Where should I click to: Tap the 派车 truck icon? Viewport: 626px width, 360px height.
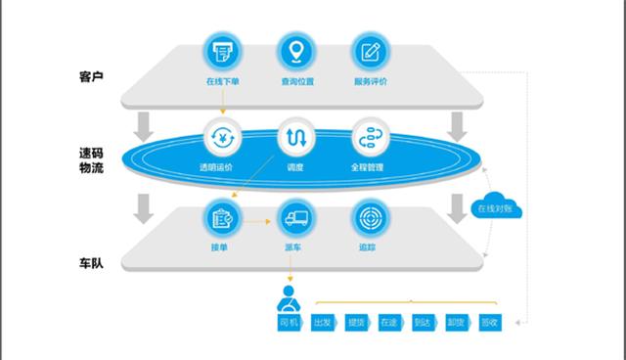(x=294, y=218)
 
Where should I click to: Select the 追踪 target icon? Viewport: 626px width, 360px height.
(x=368, y=218)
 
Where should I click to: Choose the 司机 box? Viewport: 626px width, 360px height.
(x=290, y=322)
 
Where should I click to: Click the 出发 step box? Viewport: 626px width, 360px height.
(x=323, y=322)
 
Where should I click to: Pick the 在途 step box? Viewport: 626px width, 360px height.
(x=389, y=322)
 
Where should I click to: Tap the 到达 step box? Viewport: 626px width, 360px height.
(x=423, y=322)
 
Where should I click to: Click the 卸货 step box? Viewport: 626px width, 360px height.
(x=456, y=322)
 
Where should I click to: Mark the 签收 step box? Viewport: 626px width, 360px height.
(x=489, y=322)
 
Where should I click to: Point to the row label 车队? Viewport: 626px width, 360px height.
(x=91, y=264)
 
